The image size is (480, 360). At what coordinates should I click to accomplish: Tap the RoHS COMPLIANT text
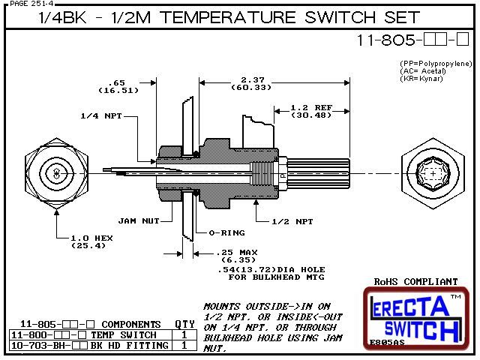(x=415, y=282)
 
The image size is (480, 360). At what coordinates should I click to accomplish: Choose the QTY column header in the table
(x=184, y=324)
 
